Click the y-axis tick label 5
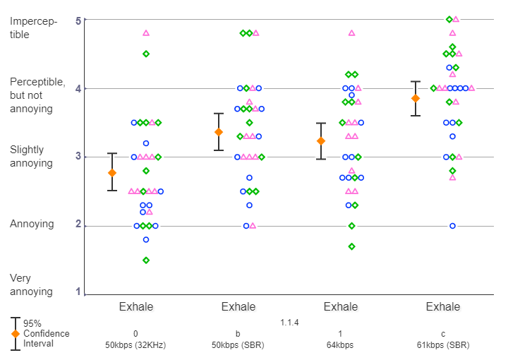click(78, 20)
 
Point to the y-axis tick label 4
click(78, 89)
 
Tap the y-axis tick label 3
click(78, 157)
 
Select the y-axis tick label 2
click(78, 226)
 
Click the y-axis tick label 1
click(78, 294)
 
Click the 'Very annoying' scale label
click(31, 284)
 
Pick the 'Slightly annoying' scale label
click(31, 157)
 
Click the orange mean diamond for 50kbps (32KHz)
click(111, 173)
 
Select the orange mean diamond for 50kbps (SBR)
click(219, 132)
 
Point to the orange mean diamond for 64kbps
click(321, 141)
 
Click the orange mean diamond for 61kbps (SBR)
click(416, 98)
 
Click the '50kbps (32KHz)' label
click(135, 345)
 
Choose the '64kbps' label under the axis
click(340, 345)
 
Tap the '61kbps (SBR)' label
click(442, 345)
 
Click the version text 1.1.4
click(289, 323)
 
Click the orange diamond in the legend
click(15, 334)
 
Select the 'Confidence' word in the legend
click(46, 333)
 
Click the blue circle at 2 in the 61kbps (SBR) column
click(452, 226)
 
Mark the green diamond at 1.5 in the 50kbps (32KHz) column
click(146, 260)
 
